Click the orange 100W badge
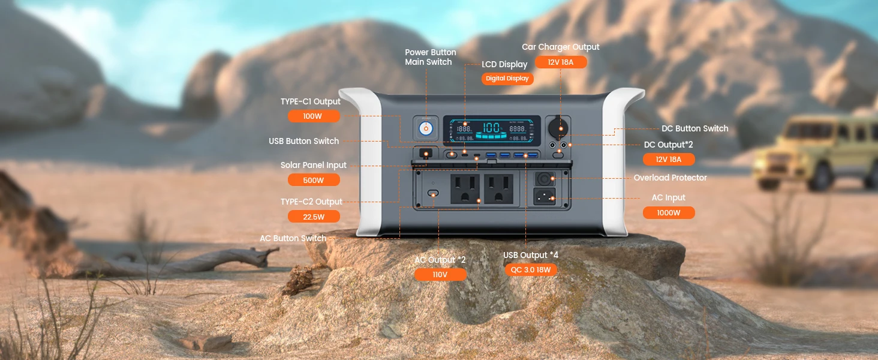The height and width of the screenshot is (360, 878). (x=314, y=116)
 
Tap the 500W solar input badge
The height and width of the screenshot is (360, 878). (x=314, y=180)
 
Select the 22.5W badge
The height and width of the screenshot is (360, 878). (x=314, y=217)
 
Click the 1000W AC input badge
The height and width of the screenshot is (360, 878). (x=669, y=212)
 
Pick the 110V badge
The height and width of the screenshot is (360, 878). (x=440, y=274)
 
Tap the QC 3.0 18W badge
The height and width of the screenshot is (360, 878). (x=531, y=269)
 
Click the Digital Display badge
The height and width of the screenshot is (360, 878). (x=507, y=79)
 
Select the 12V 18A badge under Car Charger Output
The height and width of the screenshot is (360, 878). (x=561, y=62)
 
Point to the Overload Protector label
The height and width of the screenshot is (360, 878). (x=670, y=178)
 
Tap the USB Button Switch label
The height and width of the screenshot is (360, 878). (x=304, y=141)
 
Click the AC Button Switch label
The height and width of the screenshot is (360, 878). (x=293, y=238)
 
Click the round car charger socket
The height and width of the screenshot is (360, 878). (x=558, y=127)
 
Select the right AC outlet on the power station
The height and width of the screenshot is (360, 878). (x=499, y=189)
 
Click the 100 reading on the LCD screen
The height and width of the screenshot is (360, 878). (x=491, y=127)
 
